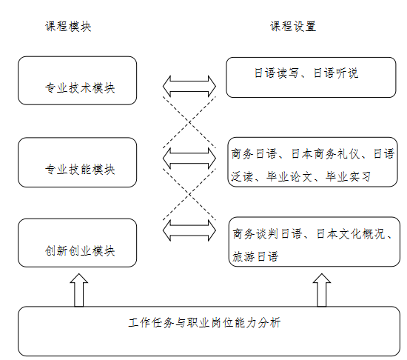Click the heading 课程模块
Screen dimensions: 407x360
click(68, 27)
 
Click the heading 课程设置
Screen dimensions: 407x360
click(293, 27)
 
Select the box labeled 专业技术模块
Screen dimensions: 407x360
click(78, 81)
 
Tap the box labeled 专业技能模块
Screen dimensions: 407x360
click(78, 162)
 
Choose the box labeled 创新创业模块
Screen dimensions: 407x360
click(78, 243)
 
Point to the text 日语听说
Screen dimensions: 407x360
click(336, 73)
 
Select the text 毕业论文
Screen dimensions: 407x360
click(289, 176)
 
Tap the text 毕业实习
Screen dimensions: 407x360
click(349, 176)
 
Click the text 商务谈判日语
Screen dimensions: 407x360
click(267, 234)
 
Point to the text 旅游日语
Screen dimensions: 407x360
click(255, 256)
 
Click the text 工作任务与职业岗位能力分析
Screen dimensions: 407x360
click(204, 323)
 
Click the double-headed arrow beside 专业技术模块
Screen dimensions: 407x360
click(189, 86)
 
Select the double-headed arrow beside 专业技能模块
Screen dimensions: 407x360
click(189, 159)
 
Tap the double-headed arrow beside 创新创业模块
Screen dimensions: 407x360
click(189, 230)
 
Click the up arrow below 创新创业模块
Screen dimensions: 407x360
click(79, 290)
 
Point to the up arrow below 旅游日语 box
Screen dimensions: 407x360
click(322, 290)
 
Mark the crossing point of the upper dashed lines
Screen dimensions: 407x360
click(189, 122)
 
